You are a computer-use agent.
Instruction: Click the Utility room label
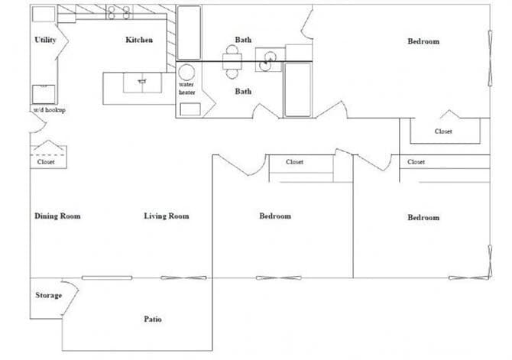coord(45,41)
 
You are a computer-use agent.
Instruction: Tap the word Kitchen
coord(139,41)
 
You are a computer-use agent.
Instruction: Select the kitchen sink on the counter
coord(141,79)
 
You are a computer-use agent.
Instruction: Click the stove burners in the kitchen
coord(118,12)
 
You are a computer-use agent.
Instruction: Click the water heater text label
coord(187,89)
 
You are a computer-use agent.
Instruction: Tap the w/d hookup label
coord(48,110)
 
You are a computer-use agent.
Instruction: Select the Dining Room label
coord(57,216)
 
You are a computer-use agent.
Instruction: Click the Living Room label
coord(166,216)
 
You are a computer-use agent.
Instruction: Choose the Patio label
coord(152,319)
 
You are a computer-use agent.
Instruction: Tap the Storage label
coord(48,296)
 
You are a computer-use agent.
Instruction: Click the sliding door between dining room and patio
coord(107,277)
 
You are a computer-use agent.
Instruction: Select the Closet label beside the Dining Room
coord(46,162)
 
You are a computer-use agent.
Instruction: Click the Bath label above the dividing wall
coord(243,41)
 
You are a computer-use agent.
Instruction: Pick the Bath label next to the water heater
coord(243,92)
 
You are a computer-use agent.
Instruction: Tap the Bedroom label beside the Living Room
coord(275,216)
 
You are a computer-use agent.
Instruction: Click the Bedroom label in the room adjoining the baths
coord(423,41)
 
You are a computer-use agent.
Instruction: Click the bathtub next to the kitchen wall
coord(189,32)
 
